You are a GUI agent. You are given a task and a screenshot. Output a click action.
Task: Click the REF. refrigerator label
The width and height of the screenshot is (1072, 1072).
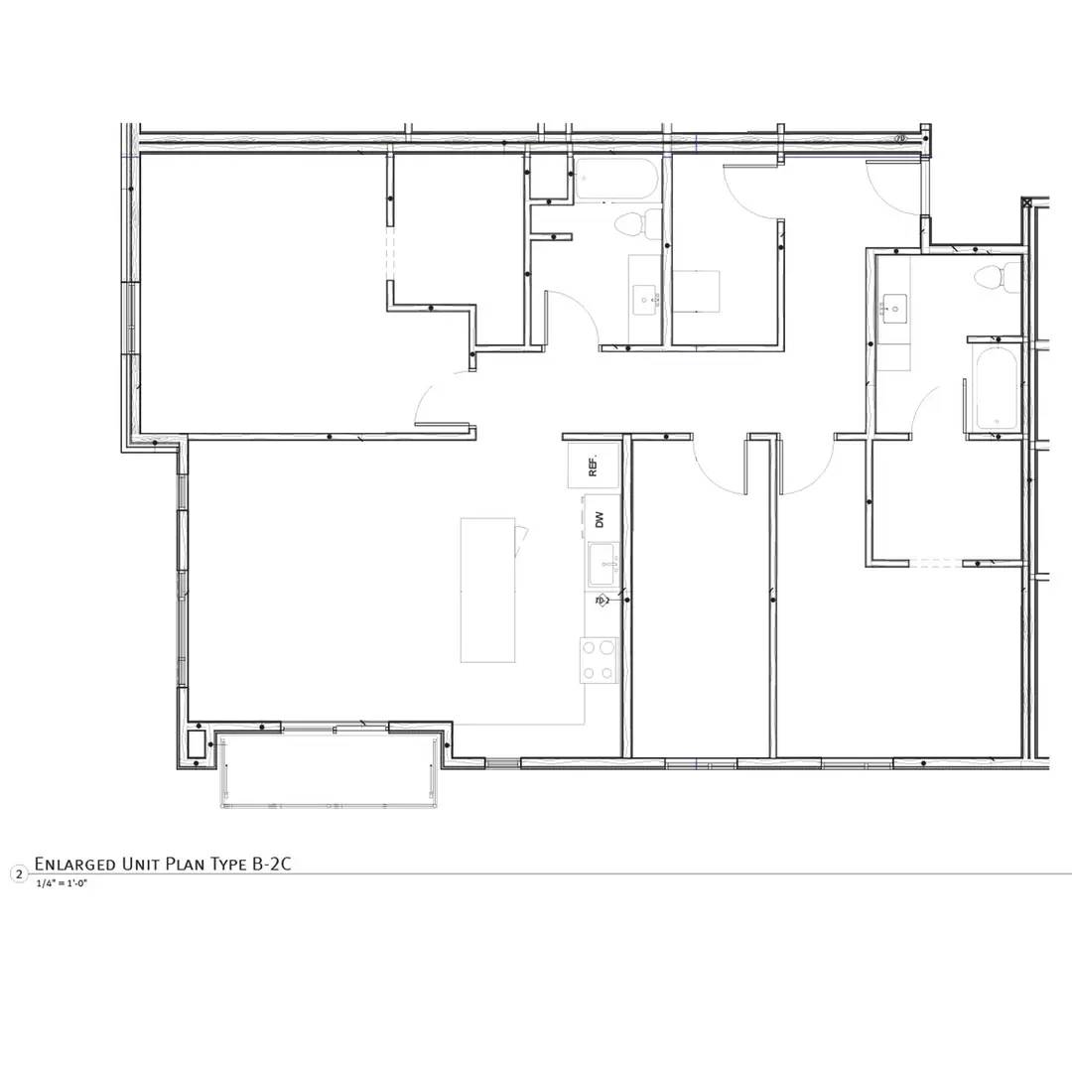593,465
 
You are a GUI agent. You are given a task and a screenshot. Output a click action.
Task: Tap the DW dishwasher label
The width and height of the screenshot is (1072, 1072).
600,519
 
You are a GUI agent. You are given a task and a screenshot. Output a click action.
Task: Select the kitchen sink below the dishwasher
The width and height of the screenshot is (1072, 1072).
603,565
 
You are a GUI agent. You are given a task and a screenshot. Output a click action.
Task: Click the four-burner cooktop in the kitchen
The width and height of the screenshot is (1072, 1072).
599,660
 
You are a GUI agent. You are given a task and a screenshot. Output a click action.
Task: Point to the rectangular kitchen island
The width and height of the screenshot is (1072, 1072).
487,590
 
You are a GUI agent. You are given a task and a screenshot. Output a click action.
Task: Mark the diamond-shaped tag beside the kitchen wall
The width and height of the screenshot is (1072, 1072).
601,601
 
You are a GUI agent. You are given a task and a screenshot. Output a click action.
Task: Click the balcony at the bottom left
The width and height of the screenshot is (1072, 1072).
328,770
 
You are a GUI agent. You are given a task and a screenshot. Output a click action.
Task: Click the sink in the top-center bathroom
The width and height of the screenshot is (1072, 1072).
645,297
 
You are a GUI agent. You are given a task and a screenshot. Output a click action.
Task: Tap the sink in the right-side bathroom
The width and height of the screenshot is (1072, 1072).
894,309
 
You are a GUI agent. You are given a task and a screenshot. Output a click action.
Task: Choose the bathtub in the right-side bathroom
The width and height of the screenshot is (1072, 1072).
996,388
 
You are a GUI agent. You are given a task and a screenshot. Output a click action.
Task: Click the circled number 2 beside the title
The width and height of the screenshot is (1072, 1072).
18,873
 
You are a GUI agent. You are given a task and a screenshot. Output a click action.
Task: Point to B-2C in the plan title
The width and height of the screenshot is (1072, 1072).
271,864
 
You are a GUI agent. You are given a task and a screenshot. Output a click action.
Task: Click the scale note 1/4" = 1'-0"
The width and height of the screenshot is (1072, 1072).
62,882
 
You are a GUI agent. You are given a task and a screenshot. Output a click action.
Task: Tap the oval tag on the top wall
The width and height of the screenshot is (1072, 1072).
901,139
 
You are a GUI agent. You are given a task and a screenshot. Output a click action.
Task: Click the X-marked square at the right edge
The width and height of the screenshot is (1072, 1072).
1026,203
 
